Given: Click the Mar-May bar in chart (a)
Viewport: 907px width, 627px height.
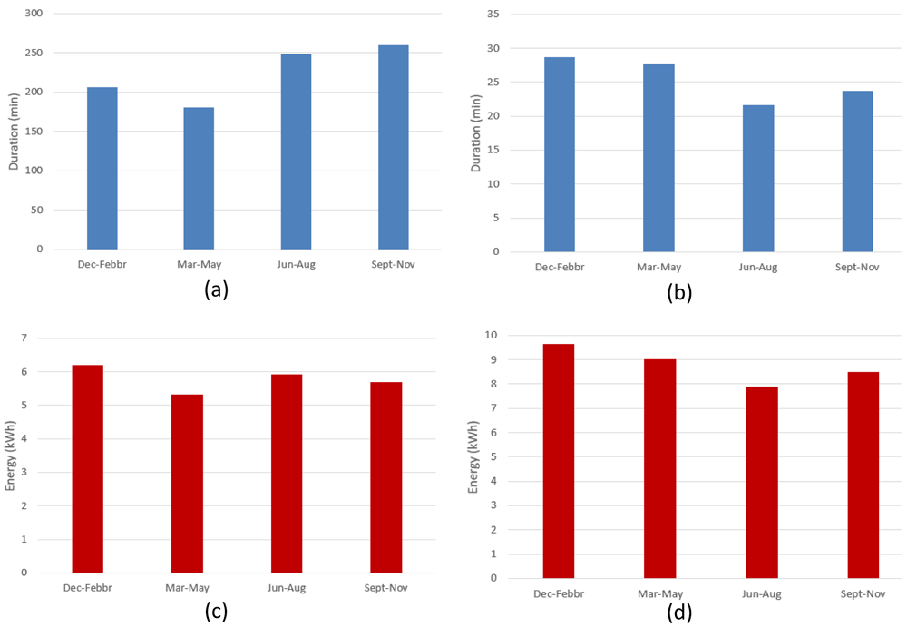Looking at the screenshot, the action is [x=199, y=179].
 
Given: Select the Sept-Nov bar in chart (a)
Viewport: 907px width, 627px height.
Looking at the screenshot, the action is [x=394, y=147].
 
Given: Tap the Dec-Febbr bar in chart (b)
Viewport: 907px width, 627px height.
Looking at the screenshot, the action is [x=560, y=154].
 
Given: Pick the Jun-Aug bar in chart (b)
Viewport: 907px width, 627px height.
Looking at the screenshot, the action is [x=758, y=179].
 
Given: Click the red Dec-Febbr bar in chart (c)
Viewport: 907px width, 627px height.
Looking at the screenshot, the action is [x=87, y=469].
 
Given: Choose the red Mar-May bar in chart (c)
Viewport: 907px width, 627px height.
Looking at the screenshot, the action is [x=187, y=484].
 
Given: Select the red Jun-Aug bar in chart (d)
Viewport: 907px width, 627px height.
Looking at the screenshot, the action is [x=762, y=482].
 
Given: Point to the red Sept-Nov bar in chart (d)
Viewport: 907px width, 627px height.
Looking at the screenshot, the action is [x=863, y=475].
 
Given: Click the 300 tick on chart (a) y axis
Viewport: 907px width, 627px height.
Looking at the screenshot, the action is [x=34, y=13].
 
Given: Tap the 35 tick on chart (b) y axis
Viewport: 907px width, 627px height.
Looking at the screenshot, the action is [x=493, y=14].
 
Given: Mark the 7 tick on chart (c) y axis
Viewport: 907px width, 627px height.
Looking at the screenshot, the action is [x=24, y=338].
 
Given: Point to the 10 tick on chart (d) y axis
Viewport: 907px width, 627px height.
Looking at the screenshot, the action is [x=491, y=335].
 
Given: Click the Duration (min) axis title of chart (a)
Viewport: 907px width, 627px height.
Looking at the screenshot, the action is [x=14, y=132].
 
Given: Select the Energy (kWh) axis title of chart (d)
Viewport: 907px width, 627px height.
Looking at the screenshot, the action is [x=473, y=457].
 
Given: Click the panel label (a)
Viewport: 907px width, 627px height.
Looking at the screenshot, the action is [x=217, y=289].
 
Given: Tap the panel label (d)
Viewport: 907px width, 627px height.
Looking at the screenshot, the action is [x=679, y=612].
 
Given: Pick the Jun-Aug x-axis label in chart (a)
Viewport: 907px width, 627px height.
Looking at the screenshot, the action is [x=297, y=265].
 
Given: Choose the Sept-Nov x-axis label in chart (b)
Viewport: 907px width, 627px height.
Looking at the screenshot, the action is [x=857, y=267].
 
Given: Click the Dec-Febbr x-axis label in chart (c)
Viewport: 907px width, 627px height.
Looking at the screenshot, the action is [x=88, y=588].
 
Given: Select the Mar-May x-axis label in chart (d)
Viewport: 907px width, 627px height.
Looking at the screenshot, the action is [x=660, y=594].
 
